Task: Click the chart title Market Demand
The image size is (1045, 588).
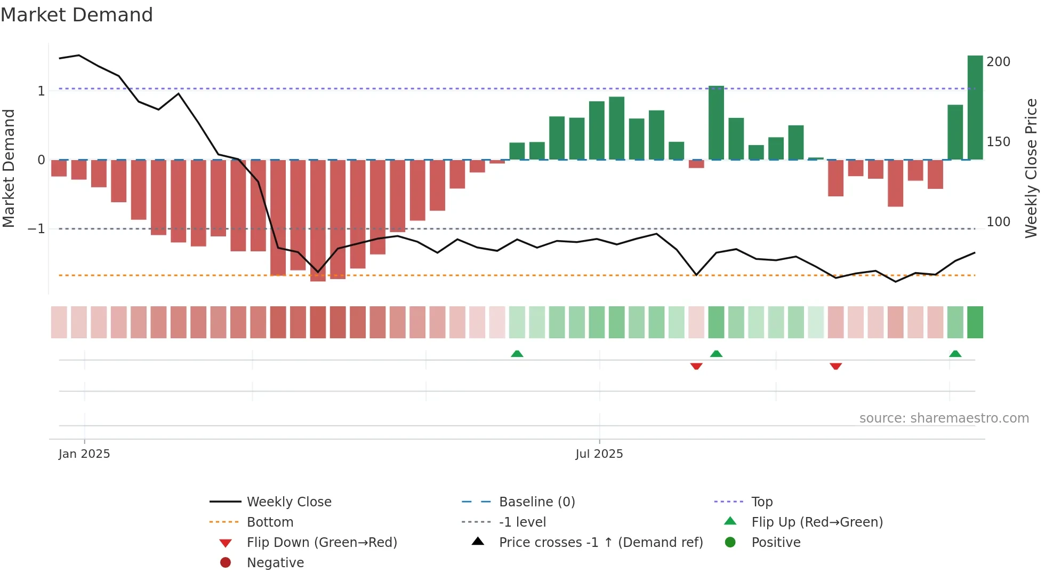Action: pyautogui.click(x=77, y=15)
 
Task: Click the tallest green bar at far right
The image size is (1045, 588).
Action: pyautogui.click(x=975, y=107)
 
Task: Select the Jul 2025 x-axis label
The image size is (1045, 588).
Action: pyautogui.click(x=599, y=454)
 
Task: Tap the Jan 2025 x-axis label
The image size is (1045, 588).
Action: pyautogui.click(x=84, y=454)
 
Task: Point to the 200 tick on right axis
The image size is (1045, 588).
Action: pyautogui.click(x=998, y=62)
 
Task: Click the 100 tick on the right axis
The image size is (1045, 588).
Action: pyautogui.click(x=998, y=222)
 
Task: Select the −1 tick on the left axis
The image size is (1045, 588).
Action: pyautogui.click(x=37, y=229)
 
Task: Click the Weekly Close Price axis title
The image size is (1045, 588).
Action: pyautogui.click(x=1031, y=168)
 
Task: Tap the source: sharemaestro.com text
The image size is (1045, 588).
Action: pyautogui.click(x=944, y=418)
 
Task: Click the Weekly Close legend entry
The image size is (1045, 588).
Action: pyautogui.click(x=288, y=502)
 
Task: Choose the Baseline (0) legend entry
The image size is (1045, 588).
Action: pyautogui.click(x=536, y=502)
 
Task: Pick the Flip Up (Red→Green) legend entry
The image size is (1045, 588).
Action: pyautogui.click(x=817, y=522)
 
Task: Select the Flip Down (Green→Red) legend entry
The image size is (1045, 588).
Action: pyautogui.click(x=321, y=543)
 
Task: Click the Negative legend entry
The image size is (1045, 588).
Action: pyautogui.click(x=275, y=563)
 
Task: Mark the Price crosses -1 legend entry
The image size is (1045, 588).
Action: pyautogui.click(x=600, y=543)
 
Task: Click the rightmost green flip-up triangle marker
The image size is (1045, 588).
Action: pyautogui.click(x=955, y=354)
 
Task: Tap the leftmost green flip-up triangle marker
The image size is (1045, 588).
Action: pyautogui.click(x=517, y=354)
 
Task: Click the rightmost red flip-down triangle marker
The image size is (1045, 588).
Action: pyautogui.click(x=835, y=366)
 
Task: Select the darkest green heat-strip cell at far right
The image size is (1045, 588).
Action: pyautogui.click(x=975, y=322)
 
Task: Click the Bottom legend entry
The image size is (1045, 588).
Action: pyautogui.click(x=270, y=522)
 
